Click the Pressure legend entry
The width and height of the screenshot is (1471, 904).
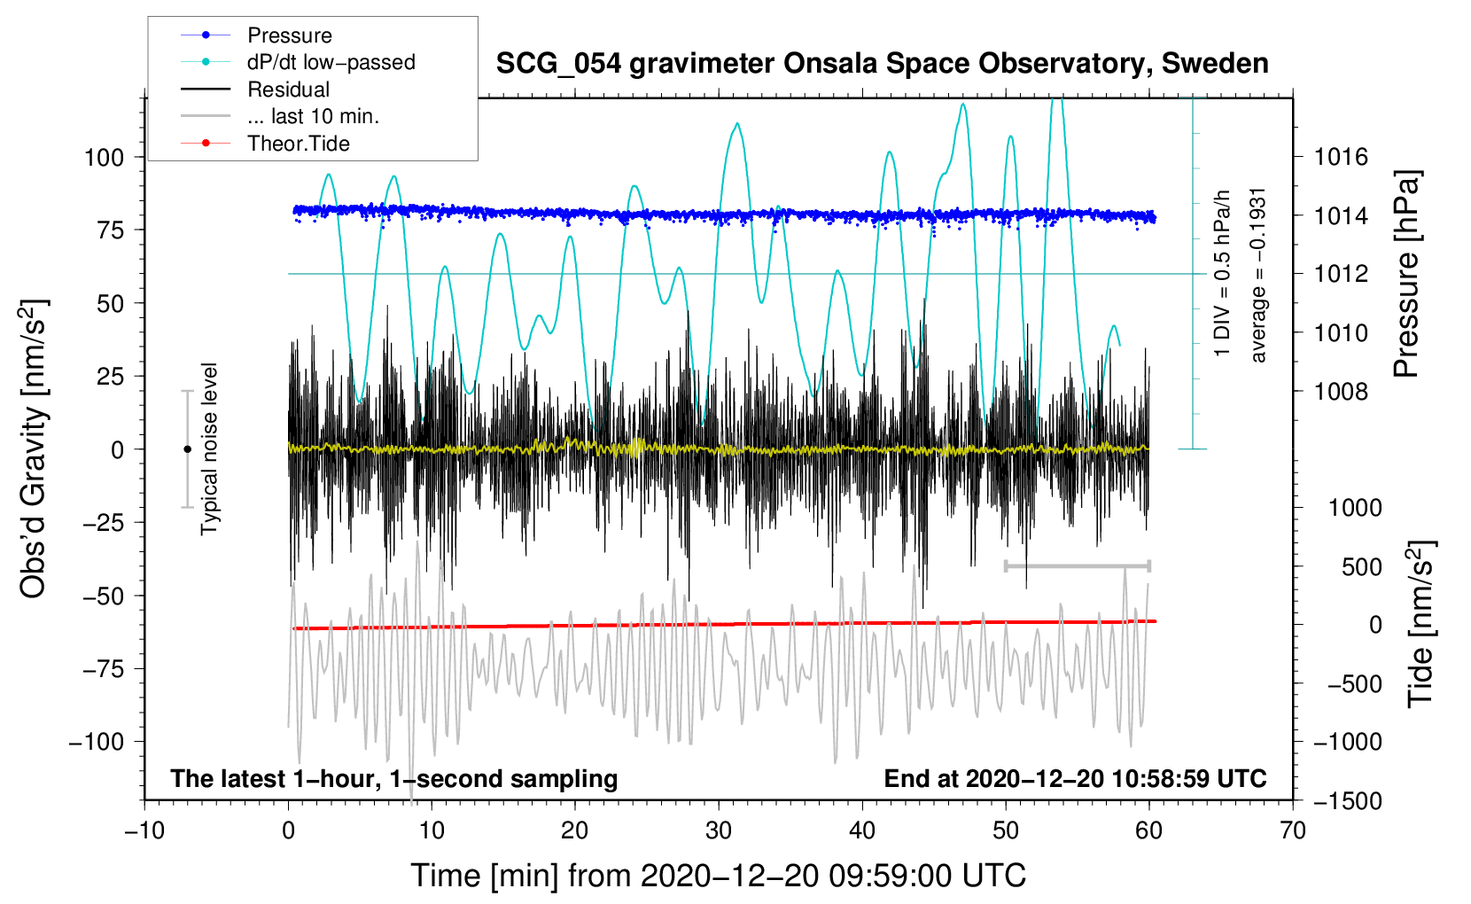[289, 35]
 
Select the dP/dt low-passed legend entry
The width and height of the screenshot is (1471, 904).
[331, 62]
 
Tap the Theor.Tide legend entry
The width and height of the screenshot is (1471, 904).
[298, 144]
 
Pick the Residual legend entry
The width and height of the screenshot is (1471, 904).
[288, 90]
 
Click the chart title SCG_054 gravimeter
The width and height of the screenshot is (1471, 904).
[882, 64]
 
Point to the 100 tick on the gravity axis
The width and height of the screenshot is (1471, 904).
[104, 158]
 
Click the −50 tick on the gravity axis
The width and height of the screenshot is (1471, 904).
[104, 596]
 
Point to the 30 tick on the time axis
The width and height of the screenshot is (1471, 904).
[719, 830]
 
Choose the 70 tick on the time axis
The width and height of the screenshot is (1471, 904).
[1293, 830]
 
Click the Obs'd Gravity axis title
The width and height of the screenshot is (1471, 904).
[34, 449]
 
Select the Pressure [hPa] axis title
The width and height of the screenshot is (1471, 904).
[1406, 275]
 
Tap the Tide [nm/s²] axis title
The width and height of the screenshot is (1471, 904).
[1420, 625]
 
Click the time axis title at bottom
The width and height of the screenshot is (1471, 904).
[719, 876]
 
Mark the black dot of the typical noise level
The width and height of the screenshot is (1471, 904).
[187, 449]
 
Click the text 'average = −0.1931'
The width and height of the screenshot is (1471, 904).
[1258, 275]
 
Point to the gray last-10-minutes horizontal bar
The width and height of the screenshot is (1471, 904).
[1077, 565]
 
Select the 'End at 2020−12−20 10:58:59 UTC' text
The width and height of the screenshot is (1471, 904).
[1075, 779]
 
